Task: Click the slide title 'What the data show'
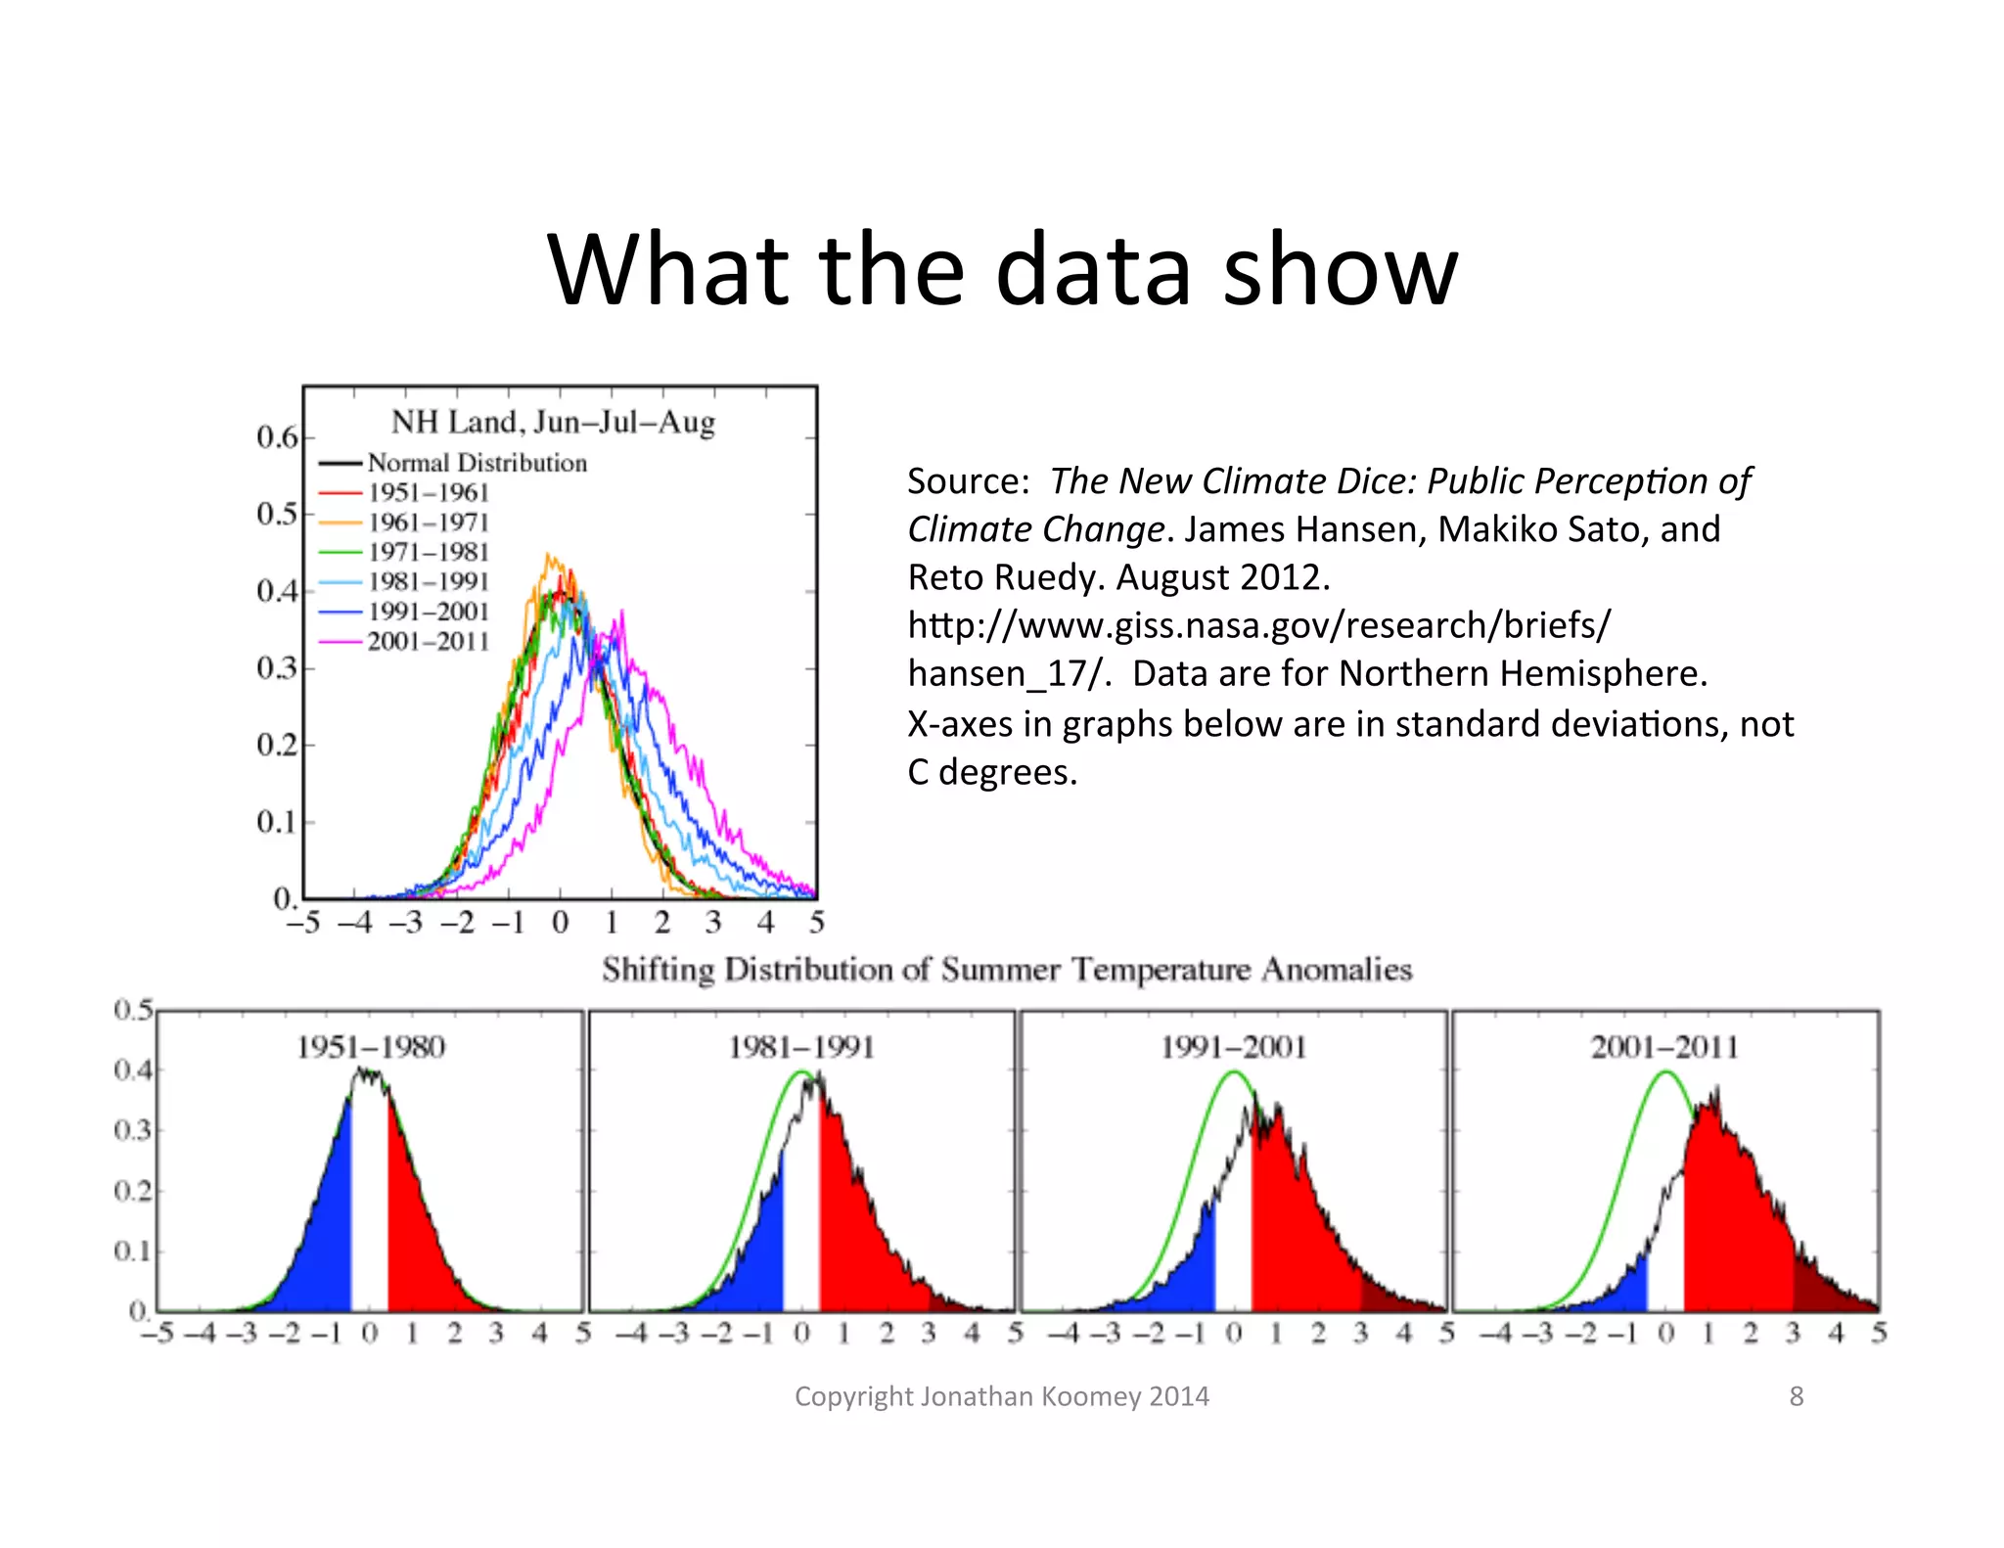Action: [x=1002, y=269]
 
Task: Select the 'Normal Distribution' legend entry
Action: [x=477, y=463]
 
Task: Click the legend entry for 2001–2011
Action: [x=428, y=642]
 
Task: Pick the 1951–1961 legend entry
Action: [x=428, y=493]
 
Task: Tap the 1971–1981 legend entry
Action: [x=428, y=553]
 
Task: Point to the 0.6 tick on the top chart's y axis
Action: [x=277, y=437]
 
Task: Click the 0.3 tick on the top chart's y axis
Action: [x=277, y=668]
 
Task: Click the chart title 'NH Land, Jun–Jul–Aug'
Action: [x=553, y=423]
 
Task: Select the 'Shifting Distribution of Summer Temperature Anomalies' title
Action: [x=1007, y=970]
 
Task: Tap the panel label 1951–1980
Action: [x=371, y=1048]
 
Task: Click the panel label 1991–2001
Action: [x=1234, y=1048]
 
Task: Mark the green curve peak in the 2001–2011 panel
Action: [x=1666, y=1073]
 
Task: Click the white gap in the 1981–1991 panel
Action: [x=801, y=1223]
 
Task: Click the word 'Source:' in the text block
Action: [x=968, y=481]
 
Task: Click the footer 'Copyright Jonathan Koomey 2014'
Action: [x=1002, y=1396]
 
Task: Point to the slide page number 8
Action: [x=1796, y=1396]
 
